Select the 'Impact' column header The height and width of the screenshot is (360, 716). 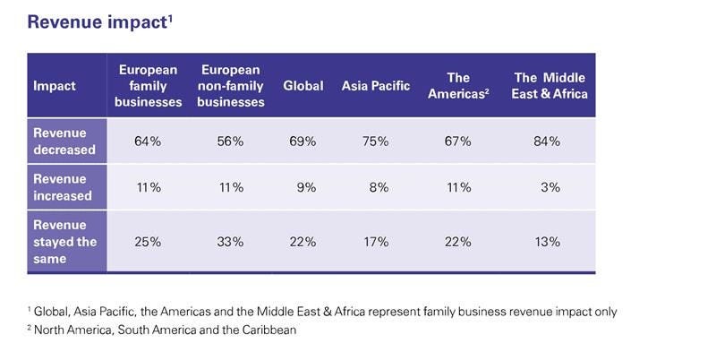pyautogui.click(x=55, y=86)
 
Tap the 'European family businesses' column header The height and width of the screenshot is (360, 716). pyautogui.click(x=148, y=86)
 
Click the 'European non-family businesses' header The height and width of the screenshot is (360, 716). pyautogui.click(x=231, y=86)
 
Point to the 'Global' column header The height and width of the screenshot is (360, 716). pyautogui.click(x=303, y=86)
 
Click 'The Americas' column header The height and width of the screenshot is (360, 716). pyautogui.click(x=458, y=86)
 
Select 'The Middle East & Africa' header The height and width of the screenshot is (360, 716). pyautogui.click(x=550, y=86)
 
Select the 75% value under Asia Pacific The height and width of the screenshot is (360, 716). pyautogui.click(x=376, y=141)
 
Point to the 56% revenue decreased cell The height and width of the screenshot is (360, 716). pyautogui.click(x=230, y=141)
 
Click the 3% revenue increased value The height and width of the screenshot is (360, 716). pyautogui.click(x=550, y=187)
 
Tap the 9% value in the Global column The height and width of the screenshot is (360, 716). pyautogui.click(x=306, y=187)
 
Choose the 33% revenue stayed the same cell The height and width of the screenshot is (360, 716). pyautogui.click(x=230, y=242)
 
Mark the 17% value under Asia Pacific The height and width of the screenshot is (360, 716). pyautogui.click(x=376, y=242)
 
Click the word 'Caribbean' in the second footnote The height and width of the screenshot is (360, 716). pyautogui.click(x=268, y=330)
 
